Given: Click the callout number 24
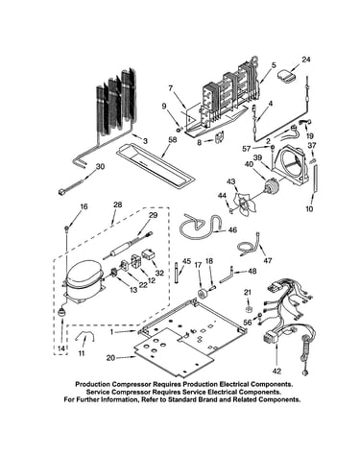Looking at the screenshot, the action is [306, 60].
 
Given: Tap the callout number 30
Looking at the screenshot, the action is [100, 167].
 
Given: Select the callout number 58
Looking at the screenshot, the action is [174, 140].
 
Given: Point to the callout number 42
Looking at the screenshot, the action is [276, 372].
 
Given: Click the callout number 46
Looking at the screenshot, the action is [232, 229].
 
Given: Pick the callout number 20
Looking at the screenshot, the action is [110, 358].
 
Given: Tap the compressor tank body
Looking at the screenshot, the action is [84, 276].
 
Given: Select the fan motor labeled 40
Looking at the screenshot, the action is [270, 186].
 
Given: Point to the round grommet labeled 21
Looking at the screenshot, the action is [248, 309].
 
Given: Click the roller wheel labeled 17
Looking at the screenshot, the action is [203, 293].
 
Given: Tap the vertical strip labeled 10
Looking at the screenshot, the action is [316, 178].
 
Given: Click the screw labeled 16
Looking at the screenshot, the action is [66, 228].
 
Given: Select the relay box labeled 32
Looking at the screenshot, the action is [149, 255].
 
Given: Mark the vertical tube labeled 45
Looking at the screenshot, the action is [177, 273].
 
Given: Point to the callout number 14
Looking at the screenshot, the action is [61, 348].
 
